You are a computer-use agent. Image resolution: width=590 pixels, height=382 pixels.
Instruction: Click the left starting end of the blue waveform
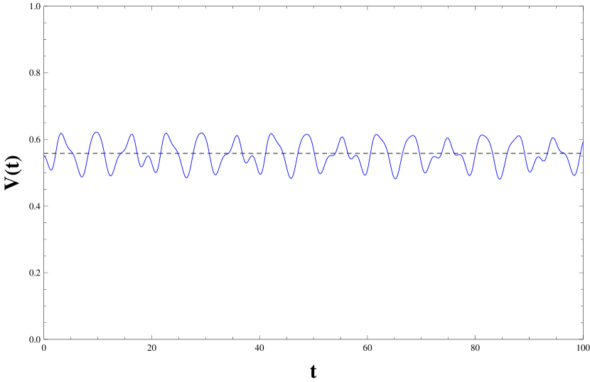pyautogui.click(x=45, y=157)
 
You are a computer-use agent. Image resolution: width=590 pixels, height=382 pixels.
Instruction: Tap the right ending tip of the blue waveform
pyautogui.click(x=583, y=143)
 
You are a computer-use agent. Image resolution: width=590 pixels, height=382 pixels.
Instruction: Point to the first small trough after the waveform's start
pyautogui.click(x=50, y=170)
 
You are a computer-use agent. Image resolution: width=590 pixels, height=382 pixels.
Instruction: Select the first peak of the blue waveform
pyautogui.click(x=61, y=133)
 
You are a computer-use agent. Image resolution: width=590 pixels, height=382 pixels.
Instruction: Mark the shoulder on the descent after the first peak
pyautogui.click(x=70, y=150)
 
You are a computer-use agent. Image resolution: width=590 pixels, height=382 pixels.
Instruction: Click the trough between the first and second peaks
pyautogui.click(x=82, y=176)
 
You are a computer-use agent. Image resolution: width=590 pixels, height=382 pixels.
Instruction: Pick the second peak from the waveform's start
pyautogui.click(x=96, y=132)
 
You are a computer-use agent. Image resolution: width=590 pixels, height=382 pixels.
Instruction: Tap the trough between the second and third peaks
pyautogui.click(x=111, y=175)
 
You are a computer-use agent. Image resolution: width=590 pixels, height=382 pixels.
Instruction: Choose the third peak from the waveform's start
pyautogui.click(x=132, y=134)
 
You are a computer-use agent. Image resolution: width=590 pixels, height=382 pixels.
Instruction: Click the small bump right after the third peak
pyautogui.click(x=148, y=156)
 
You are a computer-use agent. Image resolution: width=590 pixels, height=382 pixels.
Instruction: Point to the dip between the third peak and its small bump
pyautogui.click(x=141, y=167)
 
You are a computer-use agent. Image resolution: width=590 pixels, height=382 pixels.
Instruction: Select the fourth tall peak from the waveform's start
pyautogui.click(x=166, y=133)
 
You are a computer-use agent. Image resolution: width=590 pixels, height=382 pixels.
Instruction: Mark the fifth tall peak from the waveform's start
pyautogui.click(x=202, y=133)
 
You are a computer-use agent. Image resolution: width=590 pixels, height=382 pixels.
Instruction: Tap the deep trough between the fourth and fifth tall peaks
pyautogui.click(x=186, y=178)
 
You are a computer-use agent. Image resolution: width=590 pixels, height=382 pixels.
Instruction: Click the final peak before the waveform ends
pyautogui.click(x=553, y=138)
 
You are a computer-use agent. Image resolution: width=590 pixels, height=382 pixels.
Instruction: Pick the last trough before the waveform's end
pyautogui.click(x=574, y=175)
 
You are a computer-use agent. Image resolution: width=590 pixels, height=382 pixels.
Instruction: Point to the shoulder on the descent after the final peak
pyautogui.click(x=563, y=152)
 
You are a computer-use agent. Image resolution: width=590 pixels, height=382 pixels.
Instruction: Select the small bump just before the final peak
pyautogui.click(x=538, y=157)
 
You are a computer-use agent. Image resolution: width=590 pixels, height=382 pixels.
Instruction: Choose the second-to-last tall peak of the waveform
pyautogui.click(x=518, y=136)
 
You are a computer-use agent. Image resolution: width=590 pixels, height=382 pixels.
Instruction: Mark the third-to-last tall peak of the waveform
pyautogui.click(x=483, y=135)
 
